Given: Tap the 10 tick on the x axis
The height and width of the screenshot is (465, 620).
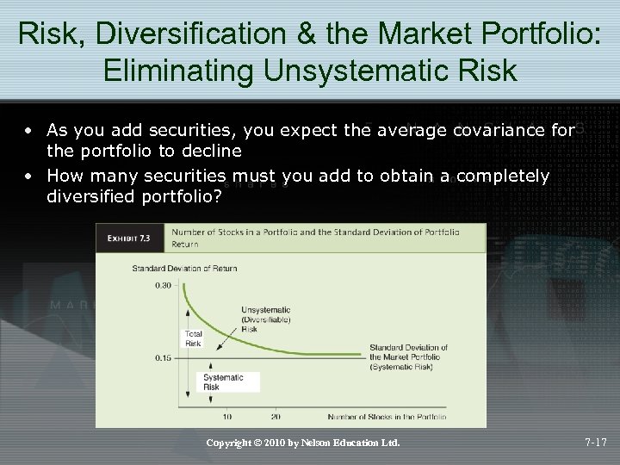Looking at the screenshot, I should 226,417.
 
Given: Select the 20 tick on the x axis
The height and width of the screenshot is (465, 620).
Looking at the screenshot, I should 275,417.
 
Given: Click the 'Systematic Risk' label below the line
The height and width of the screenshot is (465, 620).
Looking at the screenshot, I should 223,382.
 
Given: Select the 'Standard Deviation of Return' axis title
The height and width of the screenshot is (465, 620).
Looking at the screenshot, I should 184,268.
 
